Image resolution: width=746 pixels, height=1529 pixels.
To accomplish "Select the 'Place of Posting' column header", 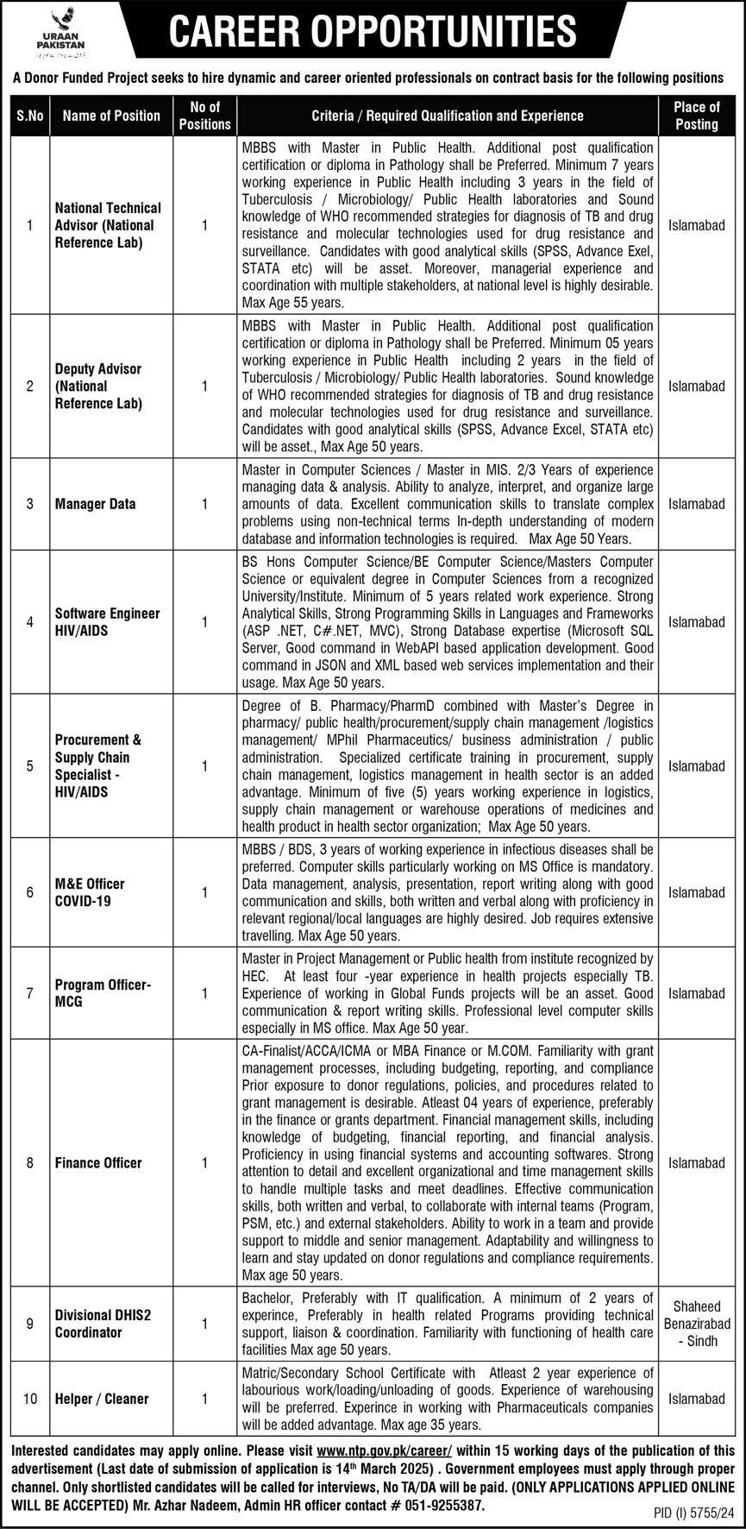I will (x=696, y=116).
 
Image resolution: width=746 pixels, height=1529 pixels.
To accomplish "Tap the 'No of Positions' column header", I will (x=204, y=116).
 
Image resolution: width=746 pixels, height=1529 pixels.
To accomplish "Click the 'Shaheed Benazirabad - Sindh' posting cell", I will (x=696, y=1324).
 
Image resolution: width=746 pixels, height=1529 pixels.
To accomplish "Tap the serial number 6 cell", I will (x=30, y=892).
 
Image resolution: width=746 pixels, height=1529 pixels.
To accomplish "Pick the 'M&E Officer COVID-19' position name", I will (x=90, y=892).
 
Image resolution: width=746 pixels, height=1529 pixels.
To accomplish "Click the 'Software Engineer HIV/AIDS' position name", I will (x=107, y=621).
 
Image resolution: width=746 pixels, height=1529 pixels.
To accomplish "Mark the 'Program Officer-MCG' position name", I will (x=103, y=993).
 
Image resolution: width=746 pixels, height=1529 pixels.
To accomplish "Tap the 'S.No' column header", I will (x=30, y=116).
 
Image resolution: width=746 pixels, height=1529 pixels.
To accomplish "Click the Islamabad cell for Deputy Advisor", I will (x=696, y=387).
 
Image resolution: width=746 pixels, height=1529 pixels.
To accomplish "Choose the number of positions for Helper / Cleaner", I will (x=204, y=1399).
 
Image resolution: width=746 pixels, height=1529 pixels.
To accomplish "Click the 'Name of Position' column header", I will (x=111, y=116).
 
